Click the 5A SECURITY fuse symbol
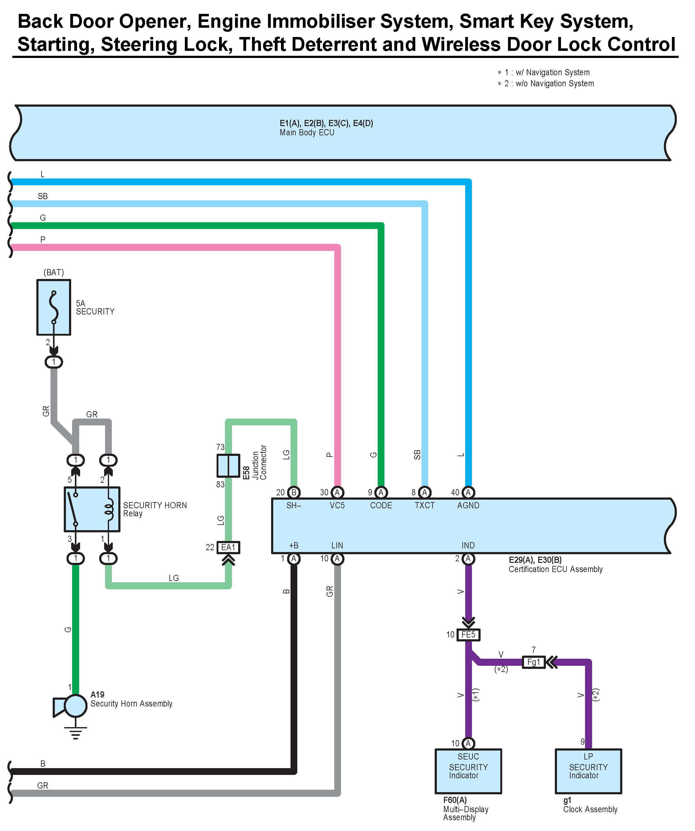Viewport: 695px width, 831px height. coord(54,308)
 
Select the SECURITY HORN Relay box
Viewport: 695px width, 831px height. coord(92,509)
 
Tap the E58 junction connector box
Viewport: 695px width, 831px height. coord(228,465)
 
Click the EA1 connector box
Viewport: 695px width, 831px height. coord(228,547)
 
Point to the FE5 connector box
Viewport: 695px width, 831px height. coord(468,635)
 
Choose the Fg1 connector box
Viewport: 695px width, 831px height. coord(534,662)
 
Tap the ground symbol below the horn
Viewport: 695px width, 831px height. coord(75,733)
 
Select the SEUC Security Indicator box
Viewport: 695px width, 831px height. coord(468,771)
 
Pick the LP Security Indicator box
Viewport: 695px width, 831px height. coord(588,771)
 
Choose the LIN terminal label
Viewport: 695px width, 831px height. coord(337,545)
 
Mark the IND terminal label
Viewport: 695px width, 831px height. coord(468,545)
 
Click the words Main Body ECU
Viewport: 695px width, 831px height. coord(307,133)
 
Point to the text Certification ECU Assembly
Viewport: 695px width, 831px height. coord(555,569)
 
